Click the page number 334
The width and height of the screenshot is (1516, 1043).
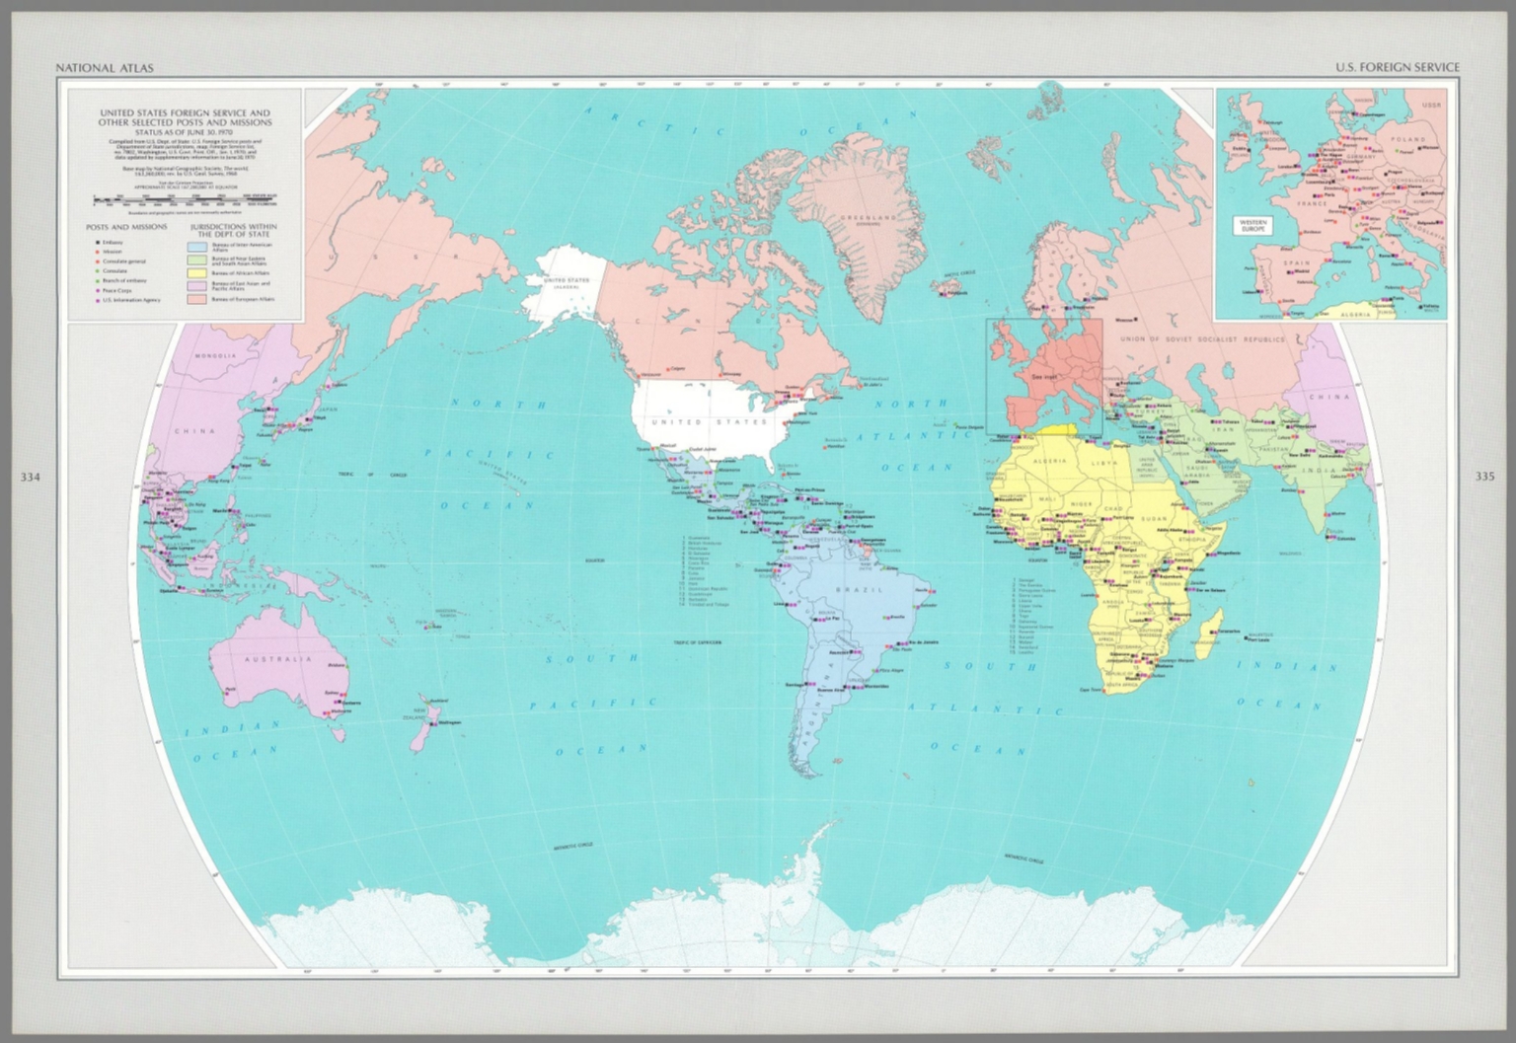[31, 478]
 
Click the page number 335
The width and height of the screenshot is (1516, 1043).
[1484, 477]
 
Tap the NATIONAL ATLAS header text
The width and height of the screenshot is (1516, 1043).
[104, 68]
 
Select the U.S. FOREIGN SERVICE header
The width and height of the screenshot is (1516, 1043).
[1397, 68]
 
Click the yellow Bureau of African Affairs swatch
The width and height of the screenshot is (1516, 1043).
[196, 272]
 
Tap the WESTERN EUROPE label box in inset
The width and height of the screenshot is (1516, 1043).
[1253, 224]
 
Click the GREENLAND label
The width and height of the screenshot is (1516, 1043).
[869, 216]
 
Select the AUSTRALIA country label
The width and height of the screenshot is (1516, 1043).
[278, 658]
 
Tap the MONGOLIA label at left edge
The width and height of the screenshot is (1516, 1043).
[215, 355]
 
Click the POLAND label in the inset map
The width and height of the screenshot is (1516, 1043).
[1408, 139]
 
